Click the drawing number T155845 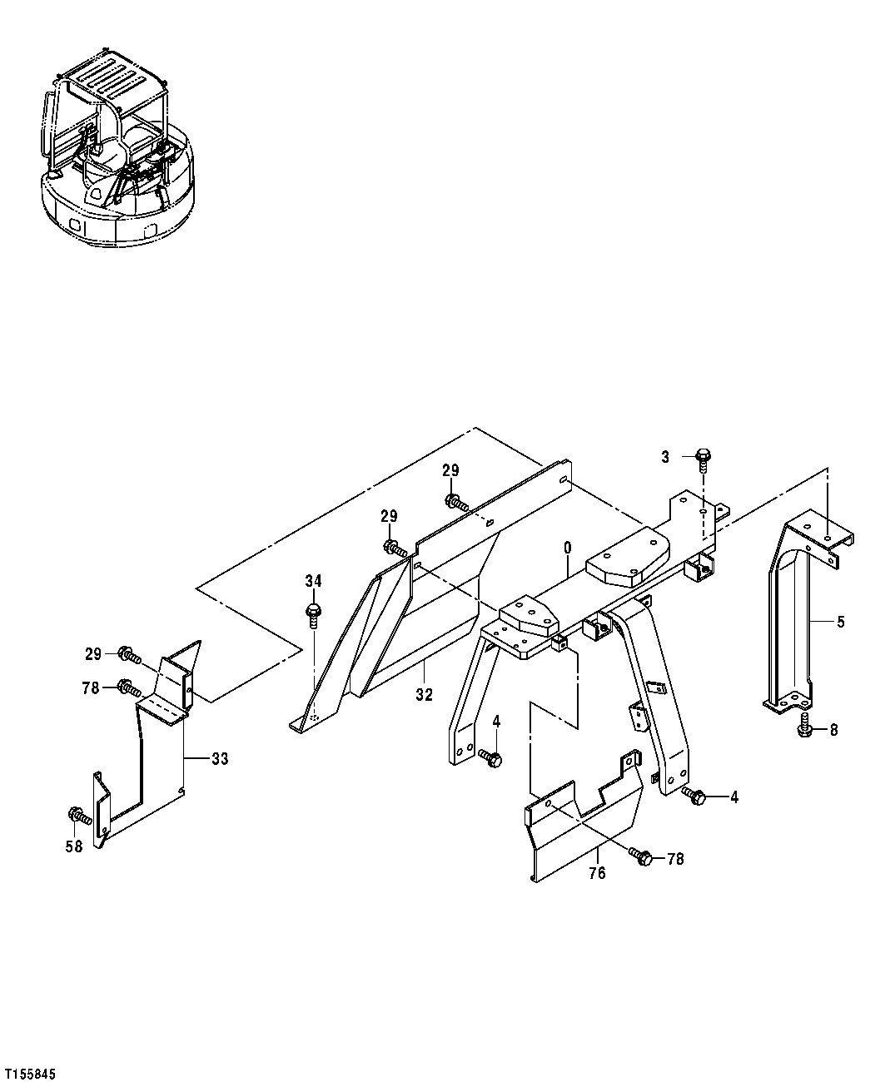click(31, 1075)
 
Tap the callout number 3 click(665, 456)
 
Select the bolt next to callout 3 click(703, 456)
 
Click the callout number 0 click(567, 548)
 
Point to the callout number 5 click(840, 622)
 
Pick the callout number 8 click(833, 731)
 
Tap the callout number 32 click(425, 695)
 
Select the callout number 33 click(219, 758)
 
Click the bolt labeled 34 click(313, 614)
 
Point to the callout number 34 click(313, 581)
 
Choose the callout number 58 click(74, 846)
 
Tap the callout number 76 click(597, 873)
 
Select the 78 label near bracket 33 click(92, 687)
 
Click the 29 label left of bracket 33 click(92, 654)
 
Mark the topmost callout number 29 click(450, 470)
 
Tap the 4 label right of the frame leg click(733, 797)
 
